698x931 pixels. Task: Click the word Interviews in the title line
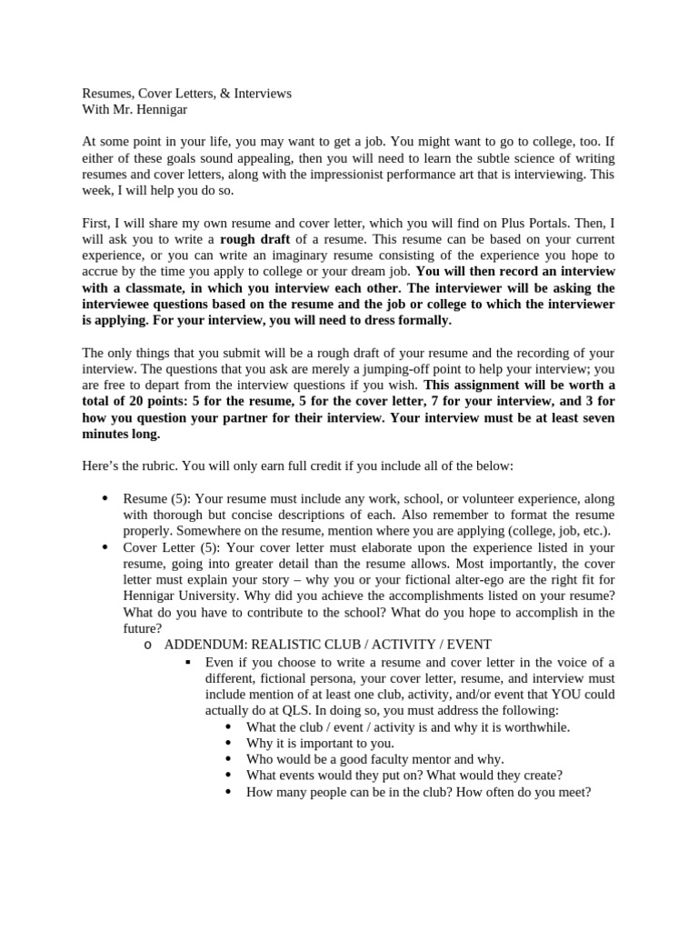click(261, 94)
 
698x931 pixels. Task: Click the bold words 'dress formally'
click(405, 320)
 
